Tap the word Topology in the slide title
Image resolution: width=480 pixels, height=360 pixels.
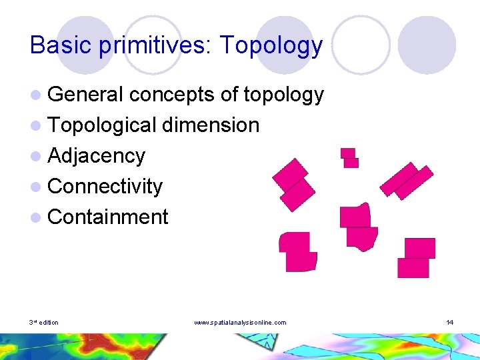coord(271,45)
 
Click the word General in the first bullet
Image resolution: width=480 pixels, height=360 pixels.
coord(86,95)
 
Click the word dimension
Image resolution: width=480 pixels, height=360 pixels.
coord(210,125)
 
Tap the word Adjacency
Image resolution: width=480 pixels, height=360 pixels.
coord(96,156)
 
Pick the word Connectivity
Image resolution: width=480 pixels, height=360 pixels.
coord(105,187)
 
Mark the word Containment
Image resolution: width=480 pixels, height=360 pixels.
coord(108,217)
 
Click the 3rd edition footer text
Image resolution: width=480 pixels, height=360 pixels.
coord(44,323)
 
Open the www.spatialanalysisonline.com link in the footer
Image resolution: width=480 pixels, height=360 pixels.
coord(240,323)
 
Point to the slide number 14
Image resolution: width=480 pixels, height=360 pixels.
coord(450,323)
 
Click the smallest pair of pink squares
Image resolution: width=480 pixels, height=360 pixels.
coord(349,158)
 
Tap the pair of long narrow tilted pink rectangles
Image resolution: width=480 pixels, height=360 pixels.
coord(407,180)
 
